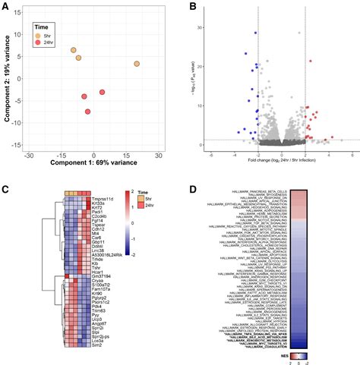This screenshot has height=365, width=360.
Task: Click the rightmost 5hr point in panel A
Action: [137, 64]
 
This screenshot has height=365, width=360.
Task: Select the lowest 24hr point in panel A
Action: [88, 112]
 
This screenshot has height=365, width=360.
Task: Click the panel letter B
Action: [193, 7]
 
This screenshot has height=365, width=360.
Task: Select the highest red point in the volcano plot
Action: [310, 61]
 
